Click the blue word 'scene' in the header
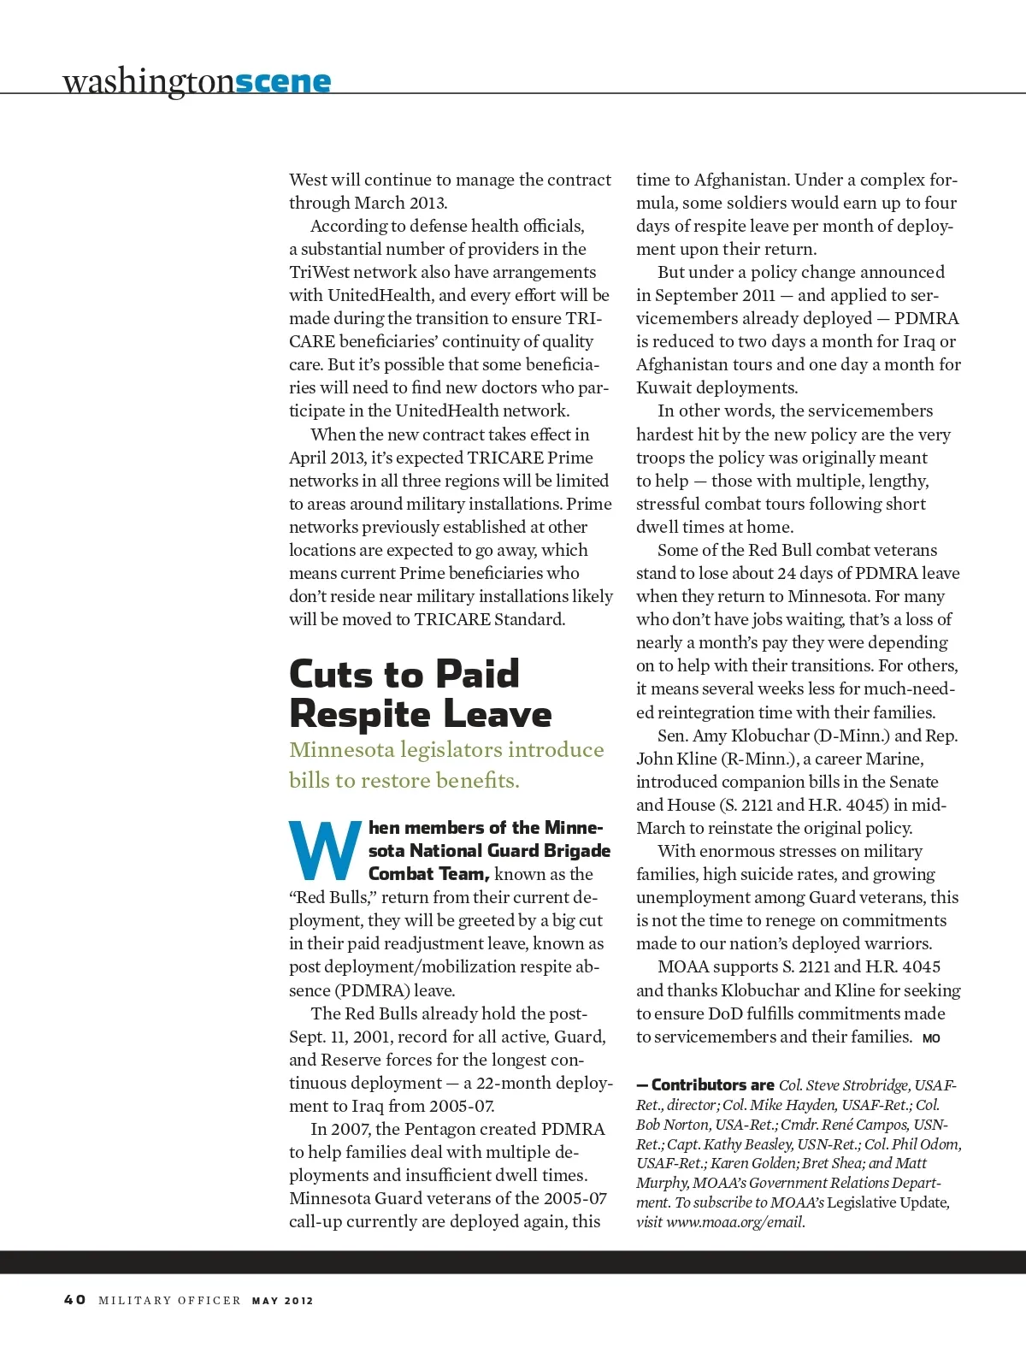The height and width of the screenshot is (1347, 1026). [282, 81]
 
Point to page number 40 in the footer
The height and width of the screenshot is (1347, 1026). [75, 1300]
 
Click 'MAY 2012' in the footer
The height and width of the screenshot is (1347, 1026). [282, 1301]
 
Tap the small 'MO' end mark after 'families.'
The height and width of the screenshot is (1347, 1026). [931, 1038]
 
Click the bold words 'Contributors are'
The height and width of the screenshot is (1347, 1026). [712, 1085]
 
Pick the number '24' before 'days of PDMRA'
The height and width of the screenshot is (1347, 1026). [787, 573]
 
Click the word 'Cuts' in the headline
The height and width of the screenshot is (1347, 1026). [330, 674]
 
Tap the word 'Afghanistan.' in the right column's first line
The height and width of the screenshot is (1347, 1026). [740, 180]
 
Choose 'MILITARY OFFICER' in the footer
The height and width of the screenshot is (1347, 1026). [169, 1301]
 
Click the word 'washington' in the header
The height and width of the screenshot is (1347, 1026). [148, 81]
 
